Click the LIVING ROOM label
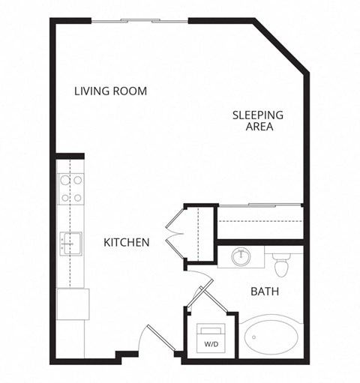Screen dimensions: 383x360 pos(110,91)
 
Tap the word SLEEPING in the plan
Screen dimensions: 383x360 pos(257,115)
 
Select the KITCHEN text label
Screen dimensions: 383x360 pos(126,243)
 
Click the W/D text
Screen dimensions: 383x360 pos(211,344)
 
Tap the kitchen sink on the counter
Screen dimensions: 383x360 pos(70,242)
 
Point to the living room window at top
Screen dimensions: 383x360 pos(139,20)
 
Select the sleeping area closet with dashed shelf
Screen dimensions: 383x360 pos(259,222)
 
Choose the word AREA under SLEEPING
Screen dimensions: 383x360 pos(257,127)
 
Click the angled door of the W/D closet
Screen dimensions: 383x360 pos(198,297)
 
